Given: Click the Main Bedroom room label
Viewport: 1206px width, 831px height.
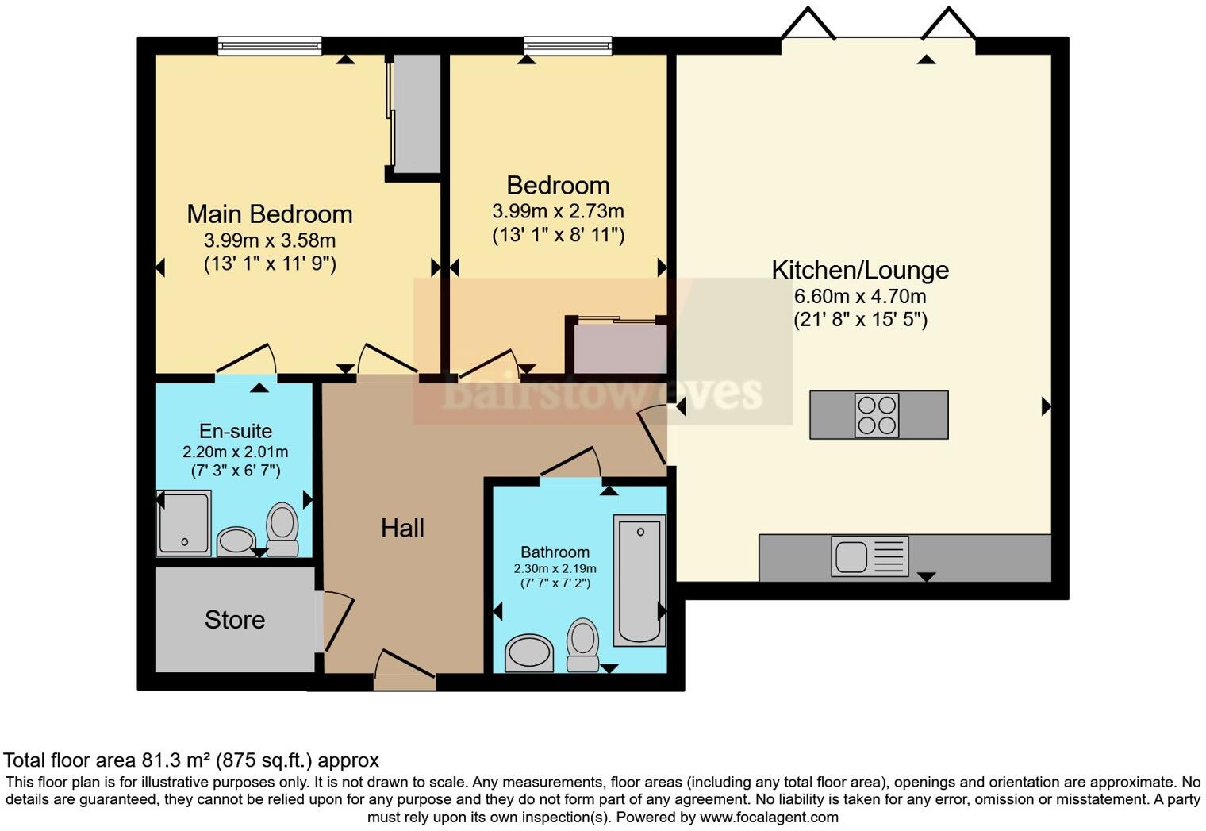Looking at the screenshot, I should pyautogui.click(x=269, y=214).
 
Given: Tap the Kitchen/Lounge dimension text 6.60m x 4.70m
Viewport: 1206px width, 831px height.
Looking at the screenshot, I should pyautogui.click(x=860, y=297).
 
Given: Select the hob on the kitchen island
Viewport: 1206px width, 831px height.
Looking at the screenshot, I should pyautogui.click(x=877, y=415).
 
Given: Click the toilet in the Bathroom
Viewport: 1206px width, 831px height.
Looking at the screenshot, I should pyautogui.click(x=582, y=645).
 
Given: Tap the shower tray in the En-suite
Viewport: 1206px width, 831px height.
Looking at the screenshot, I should pyautogui.click(x=184, y=522).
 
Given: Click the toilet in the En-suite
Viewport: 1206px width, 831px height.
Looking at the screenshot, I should pyautogui.click(x=282, y=530).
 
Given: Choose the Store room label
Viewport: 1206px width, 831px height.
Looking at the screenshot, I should pyautogui.click(x=235, y=620).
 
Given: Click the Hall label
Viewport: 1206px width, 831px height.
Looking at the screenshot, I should pyautogui.click(x=402, y=529).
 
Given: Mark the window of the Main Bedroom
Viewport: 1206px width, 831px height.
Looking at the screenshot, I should pyautogui.click(x=270, y=47).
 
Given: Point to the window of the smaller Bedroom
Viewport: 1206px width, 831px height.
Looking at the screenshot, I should pyautogui.click(x=567, y=47).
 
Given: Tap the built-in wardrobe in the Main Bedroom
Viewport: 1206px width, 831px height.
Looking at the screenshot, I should pyautogui.click(x=416, y=113).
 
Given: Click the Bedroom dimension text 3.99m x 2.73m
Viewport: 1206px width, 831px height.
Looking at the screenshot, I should pyautogui.click(x=558, y=212).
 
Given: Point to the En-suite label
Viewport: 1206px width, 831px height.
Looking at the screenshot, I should pyautogui.click(x=236, y=431).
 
